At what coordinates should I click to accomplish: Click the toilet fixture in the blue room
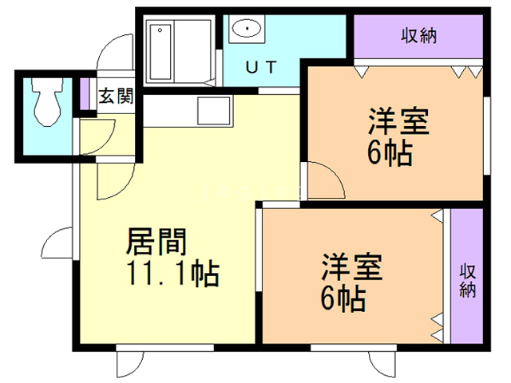pyautogui.click(x=46, y=101)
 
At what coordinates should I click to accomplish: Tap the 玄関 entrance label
pyautogui.click(x=116, y=96)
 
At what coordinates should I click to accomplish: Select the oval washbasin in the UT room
pyautogui.click(x=247, y=29)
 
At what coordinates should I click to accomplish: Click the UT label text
pyautogui.click(x=261, y=67)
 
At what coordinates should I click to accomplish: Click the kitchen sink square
pyautogui.click(x=214, y=110)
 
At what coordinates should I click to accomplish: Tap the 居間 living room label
pyautogui.click(x=156, y=242)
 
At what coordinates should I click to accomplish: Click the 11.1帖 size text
pyautogui.click(x=172, y=274)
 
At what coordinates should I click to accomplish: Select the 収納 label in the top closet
pyautogui.click(x=418, y=35)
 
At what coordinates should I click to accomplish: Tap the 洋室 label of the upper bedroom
pyautogui.click(x=398, y=121)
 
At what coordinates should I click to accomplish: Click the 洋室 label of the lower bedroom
pyautogui.click(x=351, y=267)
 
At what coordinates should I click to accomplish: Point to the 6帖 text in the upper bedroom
pyautogui.click(x=390, y=153)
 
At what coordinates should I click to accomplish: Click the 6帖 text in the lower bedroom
pyautogui.click(x=343, y=299)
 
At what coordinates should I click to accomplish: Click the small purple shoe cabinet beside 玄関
pyautogui.click(x=85, y=94)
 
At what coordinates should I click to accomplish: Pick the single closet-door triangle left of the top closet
pyautogui.click(x=362, y=72)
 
